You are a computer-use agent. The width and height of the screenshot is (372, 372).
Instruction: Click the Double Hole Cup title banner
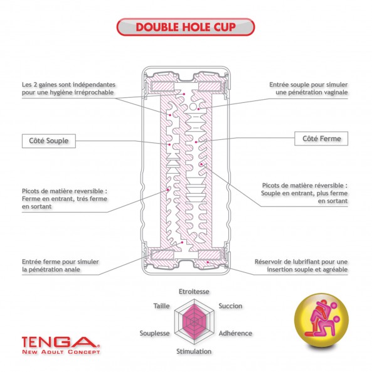[x=186, y=27]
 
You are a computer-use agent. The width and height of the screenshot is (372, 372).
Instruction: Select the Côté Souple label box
[x=49, y=141]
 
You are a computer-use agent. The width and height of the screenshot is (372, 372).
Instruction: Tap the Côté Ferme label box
[x=321, y=139]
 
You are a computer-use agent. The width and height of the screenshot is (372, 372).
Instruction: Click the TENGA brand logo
[x=61, y=343]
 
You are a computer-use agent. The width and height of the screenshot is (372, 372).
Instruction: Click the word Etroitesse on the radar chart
[x=194, y=292]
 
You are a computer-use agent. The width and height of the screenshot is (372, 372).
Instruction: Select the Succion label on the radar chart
[x=230, y=306]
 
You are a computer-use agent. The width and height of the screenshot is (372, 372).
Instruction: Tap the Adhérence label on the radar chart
[x=235, y=333]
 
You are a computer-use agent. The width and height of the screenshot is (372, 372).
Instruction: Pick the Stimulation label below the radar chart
[x=194, y=351]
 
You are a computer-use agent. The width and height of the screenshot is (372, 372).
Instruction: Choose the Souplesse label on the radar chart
[x=155, y=333]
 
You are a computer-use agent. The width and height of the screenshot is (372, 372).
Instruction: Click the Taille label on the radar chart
[x=162, y=306]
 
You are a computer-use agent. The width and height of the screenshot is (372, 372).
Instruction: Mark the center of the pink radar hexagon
[x=194, y=322]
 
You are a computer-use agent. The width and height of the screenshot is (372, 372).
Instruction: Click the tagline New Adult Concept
[x=61, y=351]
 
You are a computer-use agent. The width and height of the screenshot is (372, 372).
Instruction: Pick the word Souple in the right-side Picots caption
[x=271, y=193]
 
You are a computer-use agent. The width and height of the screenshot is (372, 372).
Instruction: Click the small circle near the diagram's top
[x=193, y=107]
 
